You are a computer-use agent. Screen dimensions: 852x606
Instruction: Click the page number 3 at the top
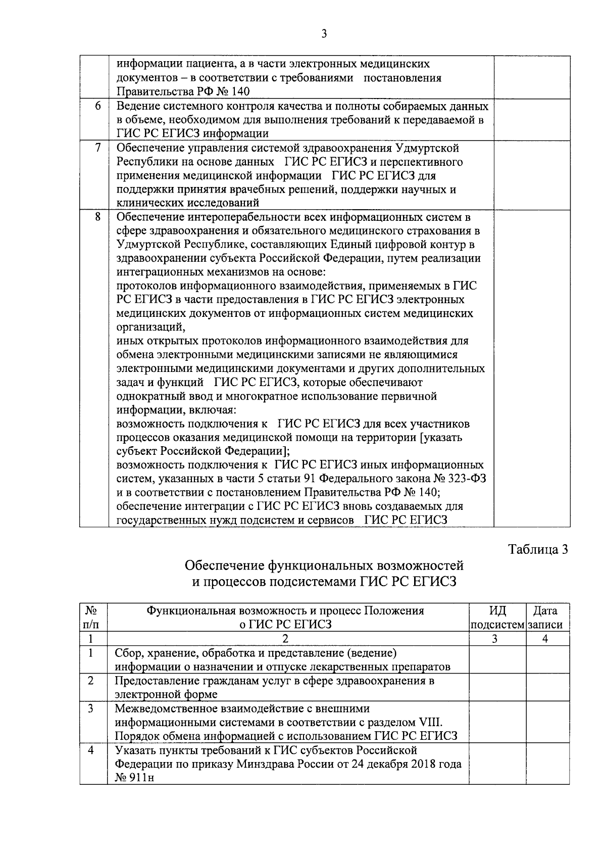(x=324, y=34)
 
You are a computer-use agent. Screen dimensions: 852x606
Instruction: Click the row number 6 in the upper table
(x=97, y=106)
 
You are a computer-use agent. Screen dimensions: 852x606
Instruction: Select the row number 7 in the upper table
(x=97, y=148)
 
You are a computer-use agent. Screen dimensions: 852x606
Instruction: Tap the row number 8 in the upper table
(x=97, y=217)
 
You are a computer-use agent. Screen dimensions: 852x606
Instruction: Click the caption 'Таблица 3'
(x=538, y=549)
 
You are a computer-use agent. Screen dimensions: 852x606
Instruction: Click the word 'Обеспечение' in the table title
(x=224, y=565)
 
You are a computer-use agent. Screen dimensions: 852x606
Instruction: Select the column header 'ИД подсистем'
(x=497, y=617)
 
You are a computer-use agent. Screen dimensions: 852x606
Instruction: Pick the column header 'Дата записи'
(x=545, y=617)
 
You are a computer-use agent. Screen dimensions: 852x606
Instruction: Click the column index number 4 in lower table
(x=545, y=639)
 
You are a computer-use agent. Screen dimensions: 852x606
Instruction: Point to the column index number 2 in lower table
(x=285, y=639)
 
